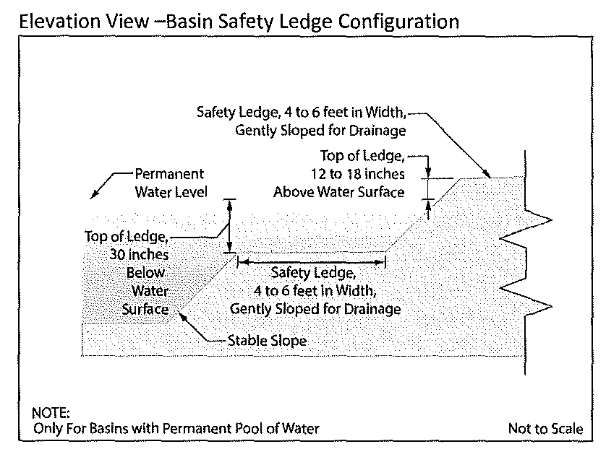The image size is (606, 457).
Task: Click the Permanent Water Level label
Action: coord(171,183)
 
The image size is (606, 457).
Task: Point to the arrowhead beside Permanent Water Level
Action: coord(93,193)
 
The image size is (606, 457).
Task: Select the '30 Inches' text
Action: coord(140,255)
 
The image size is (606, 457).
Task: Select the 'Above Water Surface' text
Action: coord(338,191)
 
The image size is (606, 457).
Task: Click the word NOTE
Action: coord(51,414)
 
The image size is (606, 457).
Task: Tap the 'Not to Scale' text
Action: coord(545,428)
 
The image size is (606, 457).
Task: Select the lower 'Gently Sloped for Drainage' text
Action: coord(315,309)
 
